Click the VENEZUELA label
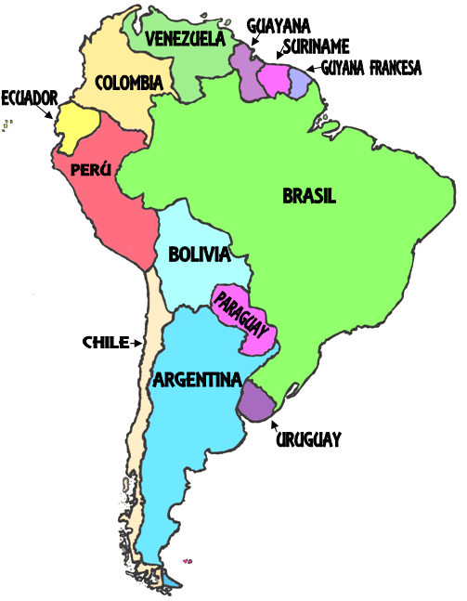[186, 38]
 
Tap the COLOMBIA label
[129, 82]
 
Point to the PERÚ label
[90, 170]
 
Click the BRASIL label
[309, 196]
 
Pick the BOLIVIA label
[199, 254]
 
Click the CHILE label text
[105, 342]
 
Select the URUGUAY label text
[309, 439]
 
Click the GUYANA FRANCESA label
[371, 68]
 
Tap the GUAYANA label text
[279, 25]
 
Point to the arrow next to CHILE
[136, 343]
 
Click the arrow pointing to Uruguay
[276, 425]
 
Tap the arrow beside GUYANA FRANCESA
[313, 69]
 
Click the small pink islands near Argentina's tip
[188, 560]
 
